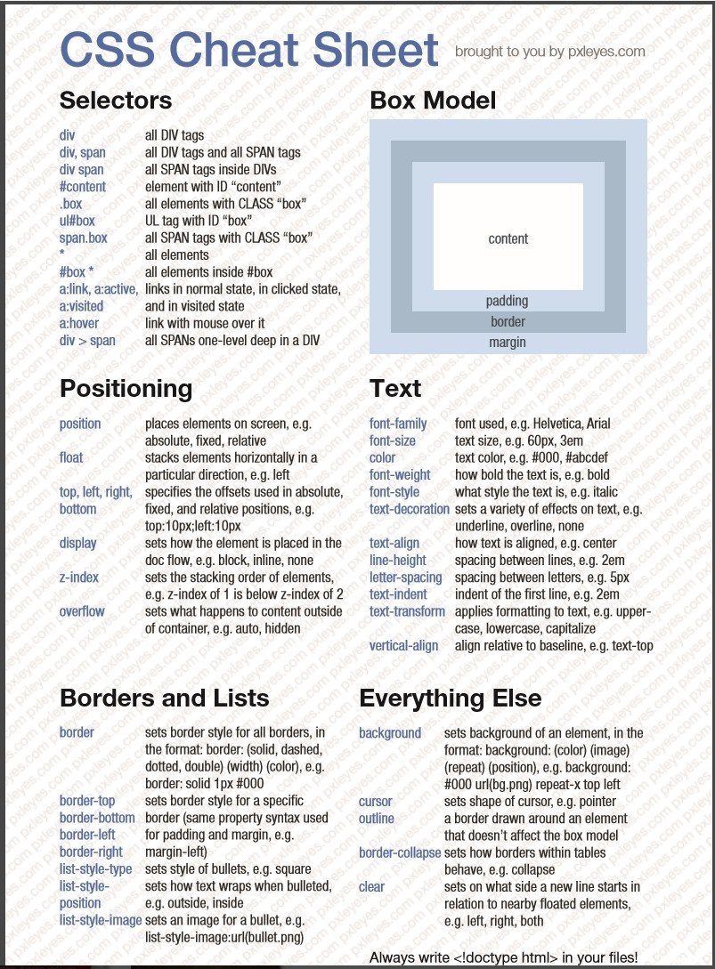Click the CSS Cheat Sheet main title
pos(249,50)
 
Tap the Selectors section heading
pos(116,101)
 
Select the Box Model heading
pos(433,101)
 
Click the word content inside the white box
pos(508,238)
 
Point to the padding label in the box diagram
pos(507,301)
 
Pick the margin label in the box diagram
pos(507,343)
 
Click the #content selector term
pos(82,187)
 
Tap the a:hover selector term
pos(79,323)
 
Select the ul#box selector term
pos(77,221)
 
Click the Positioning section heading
pos(126,389)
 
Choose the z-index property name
pos(79,577)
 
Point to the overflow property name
pos(82,611)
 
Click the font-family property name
pos(398,424)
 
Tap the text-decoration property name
pos(410,509)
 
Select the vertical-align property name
pos(403,645)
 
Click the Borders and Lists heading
pos(164,698)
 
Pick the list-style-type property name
pos(95,868)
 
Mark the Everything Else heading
pos(450,698)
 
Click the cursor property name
pos(376,801)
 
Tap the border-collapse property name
pos(400,852)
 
